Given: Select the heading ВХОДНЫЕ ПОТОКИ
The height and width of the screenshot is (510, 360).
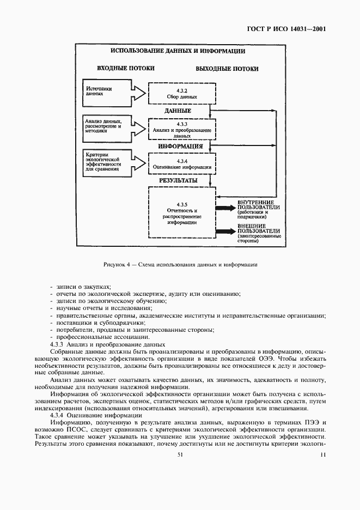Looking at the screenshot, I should [126, 69].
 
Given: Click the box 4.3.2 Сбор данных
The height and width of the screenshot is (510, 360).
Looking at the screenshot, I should [178, 92].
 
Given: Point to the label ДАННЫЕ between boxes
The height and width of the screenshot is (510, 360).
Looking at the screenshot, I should [178, 111].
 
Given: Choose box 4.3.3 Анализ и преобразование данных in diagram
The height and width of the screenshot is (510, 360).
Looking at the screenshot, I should [178, 129].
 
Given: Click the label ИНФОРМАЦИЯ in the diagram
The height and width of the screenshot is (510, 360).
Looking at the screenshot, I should [180, 147].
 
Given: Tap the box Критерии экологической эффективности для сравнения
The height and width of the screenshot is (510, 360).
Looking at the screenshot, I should [107, 161].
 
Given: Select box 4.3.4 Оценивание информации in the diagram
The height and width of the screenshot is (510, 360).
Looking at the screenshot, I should [178, 164].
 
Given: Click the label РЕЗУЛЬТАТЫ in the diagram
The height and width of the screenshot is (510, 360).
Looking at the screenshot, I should [178, 179].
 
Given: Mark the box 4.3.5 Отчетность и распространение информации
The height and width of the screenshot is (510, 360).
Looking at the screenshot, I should [178, 212].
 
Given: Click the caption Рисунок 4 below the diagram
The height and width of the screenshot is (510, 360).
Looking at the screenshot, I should [180, 265].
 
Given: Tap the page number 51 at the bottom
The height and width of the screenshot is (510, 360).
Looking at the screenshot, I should [180, 453].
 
